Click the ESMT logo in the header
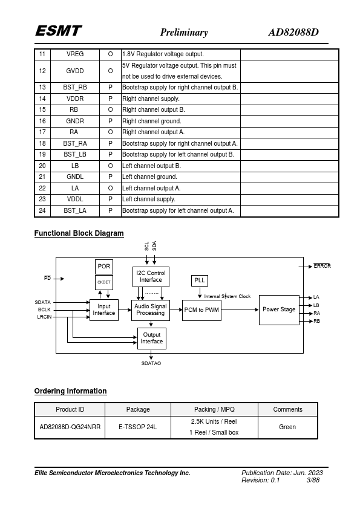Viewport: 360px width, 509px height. point(59,31)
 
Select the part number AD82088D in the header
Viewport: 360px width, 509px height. point(293,32)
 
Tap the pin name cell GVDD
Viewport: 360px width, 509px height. point(75,71)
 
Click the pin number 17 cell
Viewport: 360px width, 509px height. point(42,132)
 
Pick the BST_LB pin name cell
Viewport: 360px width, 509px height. point(75,155)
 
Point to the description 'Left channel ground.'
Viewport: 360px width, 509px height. point(150,177)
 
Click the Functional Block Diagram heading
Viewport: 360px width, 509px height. point(79,233)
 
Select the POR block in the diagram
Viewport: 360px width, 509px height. point(104,267)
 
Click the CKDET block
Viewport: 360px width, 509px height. point(104,282)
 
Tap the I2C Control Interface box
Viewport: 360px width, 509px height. point(151,277)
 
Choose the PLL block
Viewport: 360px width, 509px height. point(200,280)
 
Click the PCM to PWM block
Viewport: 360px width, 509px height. point(201,310)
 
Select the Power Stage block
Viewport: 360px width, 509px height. point(279,310)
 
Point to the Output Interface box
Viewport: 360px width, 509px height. point(152,339)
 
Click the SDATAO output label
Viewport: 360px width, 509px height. point(151,363)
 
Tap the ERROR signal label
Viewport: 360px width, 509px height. point(322,266)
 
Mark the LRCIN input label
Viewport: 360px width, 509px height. point(44,317)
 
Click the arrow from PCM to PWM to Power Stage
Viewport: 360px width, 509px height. point(240,310)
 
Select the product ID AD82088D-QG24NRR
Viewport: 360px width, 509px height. point(70,427)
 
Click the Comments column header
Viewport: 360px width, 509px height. point(287,409)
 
